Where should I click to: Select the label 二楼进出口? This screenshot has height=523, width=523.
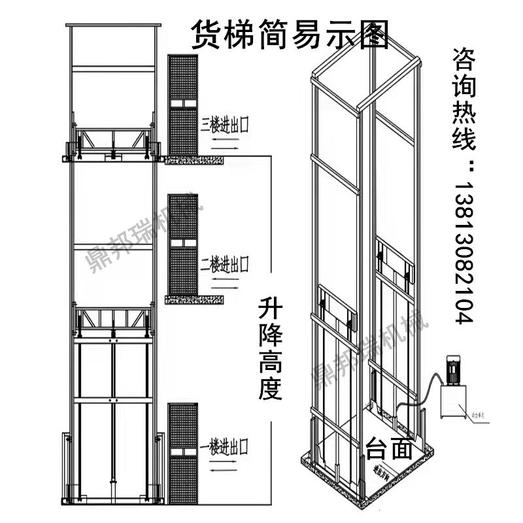[226, 263]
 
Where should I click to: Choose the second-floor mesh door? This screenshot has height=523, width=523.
[182, 245]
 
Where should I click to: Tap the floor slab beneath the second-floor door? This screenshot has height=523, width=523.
[194, 299]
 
